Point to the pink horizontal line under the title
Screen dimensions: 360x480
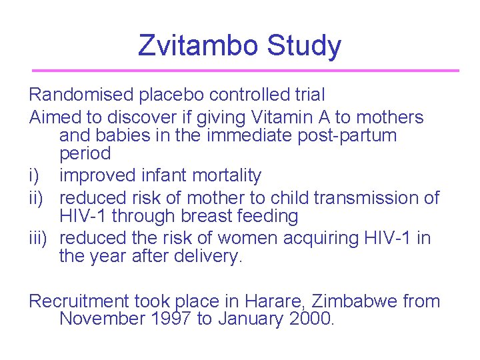tap(245, 71)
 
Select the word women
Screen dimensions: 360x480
tap(239, 239)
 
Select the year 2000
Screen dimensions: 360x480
tap(309, 319)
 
